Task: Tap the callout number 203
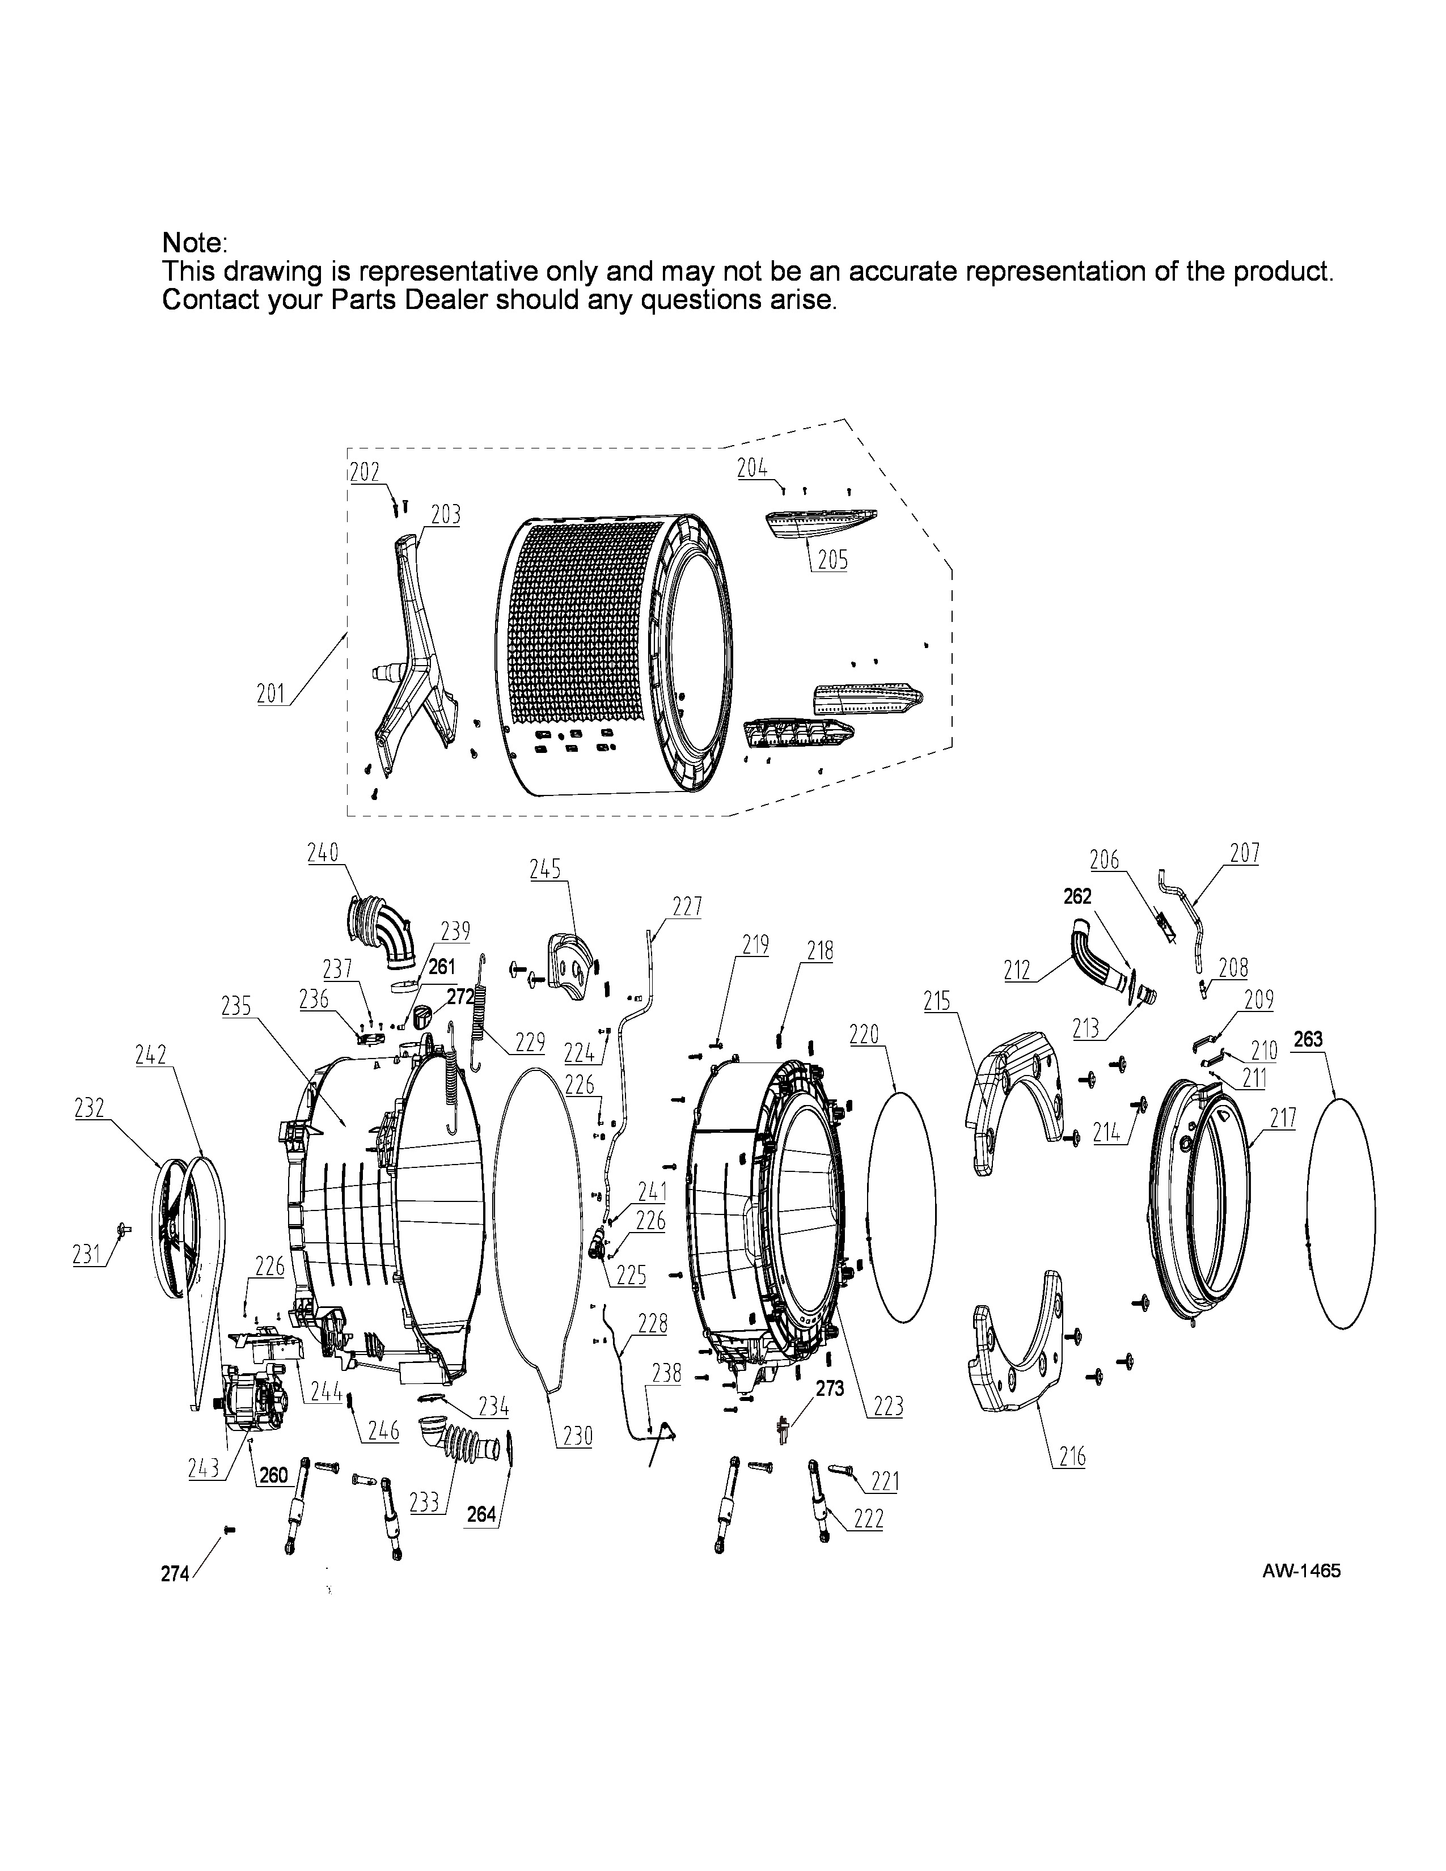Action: click(446, 514)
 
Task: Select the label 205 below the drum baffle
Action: click(832, 560)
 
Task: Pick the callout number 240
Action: click(323, 852)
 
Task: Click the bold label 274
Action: click(175, 1574)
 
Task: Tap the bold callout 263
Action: click(1308, 1039)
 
